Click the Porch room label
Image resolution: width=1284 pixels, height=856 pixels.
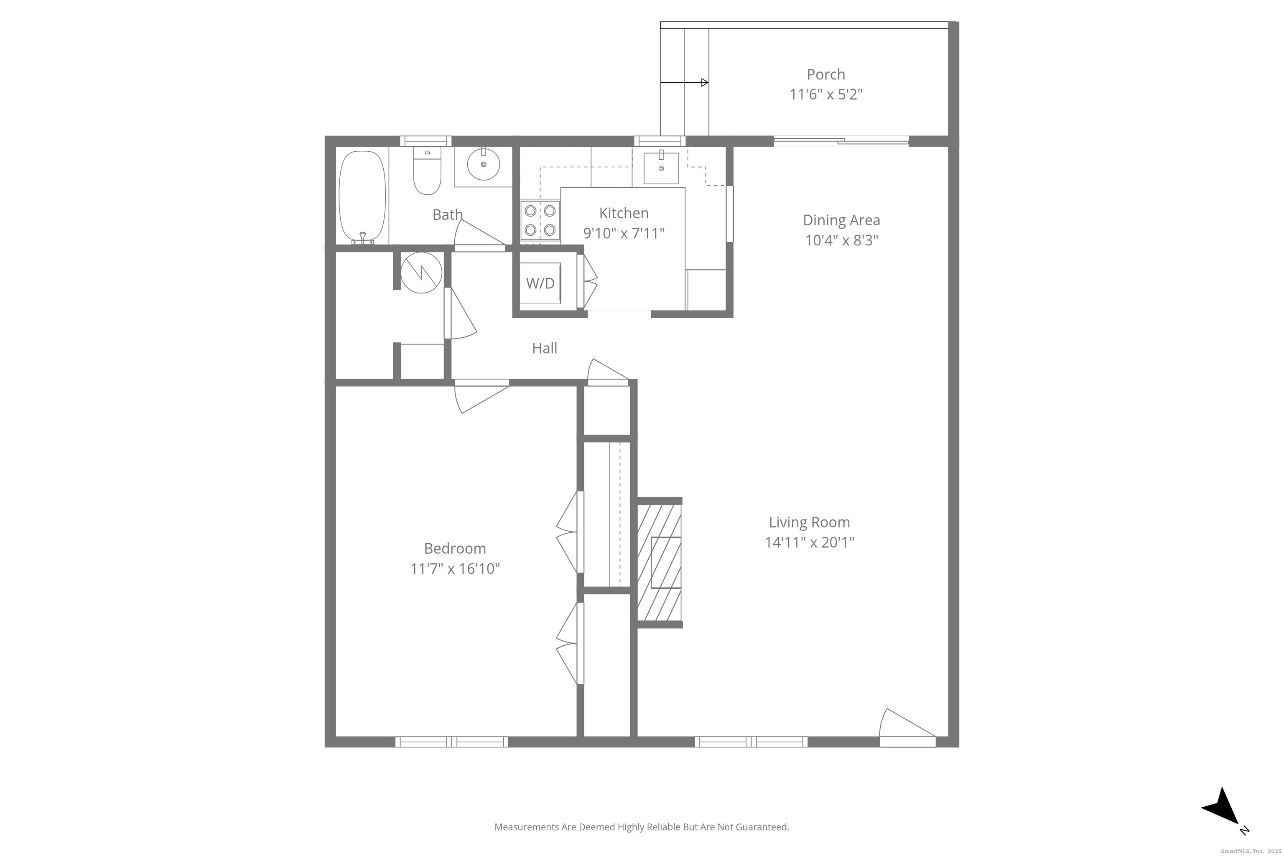point(825,74)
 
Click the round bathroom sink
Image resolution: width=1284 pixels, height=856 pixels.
point(483,163)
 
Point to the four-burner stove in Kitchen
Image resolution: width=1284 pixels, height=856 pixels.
point(540,220)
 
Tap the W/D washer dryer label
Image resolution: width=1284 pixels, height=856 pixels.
point(540,283)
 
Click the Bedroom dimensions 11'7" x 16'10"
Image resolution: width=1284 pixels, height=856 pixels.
point(455,569)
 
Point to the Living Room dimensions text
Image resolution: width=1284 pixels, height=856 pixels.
point(809,542)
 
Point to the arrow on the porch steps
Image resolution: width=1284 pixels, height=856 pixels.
point(684,82)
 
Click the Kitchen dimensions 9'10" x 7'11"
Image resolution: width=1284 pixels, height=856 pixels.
point(624,234)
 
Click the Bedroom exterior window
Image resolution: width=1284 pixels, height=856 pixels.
point(451,742)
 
